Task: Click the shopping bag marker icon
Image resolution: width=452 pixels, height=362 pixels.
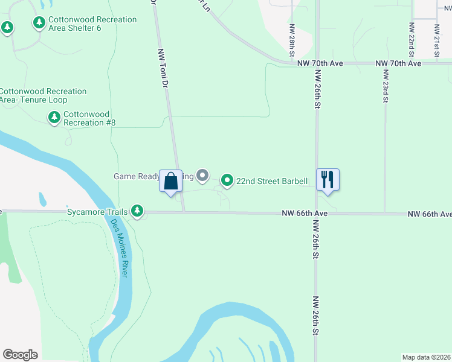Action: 170,180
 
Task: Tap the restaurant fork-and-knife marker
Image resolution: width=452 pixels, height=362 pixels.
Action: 328,180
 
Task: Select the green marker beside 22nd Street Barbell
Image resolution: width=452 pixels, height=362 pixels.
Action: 227,180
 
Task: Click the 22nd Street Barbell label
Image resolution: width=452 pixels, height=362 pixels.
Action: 272,181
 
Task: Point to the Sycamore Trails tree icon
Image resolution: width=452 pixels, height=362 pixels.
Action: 138,211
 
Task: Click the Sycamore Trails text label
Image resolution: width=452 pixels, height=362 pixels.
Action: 97,212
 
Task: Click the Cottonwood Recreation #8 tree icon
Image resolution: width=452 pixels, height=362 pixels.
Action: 54,118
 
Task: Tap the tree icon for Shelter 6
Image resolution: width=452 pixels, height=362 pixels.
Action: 39,23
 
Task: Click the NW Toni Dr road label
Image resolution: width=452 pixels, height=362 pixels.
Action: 162,69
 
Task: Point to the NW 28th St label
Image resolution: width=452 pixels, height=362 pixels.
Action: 291,40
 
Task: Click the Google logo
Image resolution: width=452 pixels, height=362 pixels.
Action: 20,355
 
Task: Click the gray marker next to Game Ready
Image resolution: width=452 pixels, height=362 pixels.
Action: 203,176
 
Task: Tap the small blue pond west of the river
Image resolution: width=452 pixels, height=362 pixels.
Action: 42,199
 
